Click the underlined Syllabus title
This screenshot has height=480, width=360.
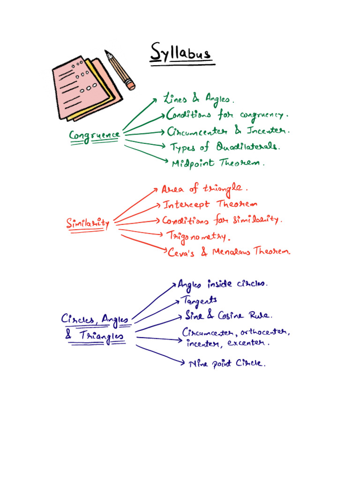pyautogui.click(x=181, y=53)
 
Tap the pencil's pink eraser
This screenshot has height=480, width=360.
pyautogui.click(x=130, y=85)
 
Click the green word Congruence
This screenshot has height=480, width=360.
pyautogui.click(x=94, y=135)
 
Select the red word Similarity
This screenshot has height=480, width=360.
pyautogui.click(x=88, y=224)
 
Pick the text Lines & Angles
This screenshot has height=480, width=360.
pyautogui.click(x=196, y=99)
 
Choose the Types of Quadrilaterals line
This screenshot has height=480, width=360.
pyautogui.click(x=225, y=147)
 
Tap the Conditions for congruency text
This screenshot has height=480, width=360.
pyautogui.click(x=227, y=115)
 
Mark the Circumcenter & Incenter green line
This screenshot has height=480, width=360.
pyautogui.click(x=228, y=131)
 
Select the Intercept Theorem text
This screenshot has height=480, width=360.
pyautogui.click(x=210, y=204)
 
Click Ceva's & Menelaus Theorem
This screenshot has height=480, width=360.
pyautogui.click(x=229, y=252)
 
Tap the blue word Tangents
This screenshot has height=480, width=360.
pyautogui.click(x=199, y=300)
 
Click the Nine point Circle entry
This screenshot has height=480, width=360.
pyautogui.click(x=226, y=363)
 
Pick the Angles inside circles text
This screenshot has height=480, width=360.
pyautogui.click(x=223, y=284)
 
